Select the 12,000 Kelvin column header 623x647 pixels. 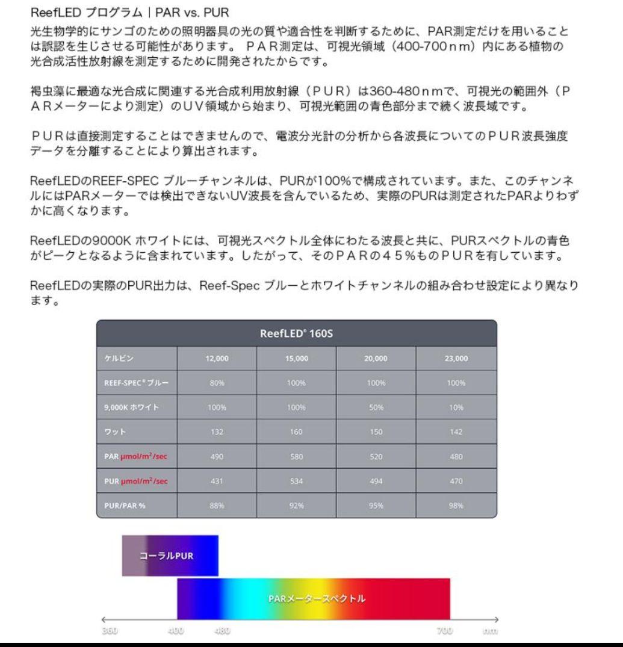coord(217,359)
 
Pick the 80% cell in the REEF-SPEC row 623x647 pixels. coord(217,383)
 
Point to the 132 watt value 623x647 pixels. coord(217,432)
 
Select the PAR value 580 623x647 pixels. coord(296,456)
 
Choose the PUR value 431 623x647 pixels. coord(217,480)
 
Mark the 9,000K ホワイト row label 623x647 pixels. coord(125,407)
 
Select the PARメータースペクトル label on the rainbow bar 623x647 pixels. coord(317,599)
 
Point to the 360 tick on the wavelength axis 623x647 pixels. coord(110,631)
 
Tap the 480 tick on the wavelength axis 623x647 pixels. coord(223,631)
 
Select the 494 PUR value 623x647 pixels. coord(376,480)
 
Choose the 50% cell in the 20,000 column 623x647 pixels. coord(376,407)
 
